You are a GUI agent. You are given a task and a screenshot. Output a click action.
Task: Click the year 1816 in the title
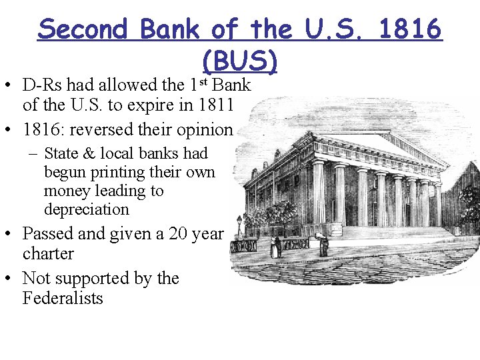point(411,29)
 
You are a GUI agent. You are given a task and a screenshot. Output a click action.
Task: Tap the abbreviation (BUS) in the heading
point(239,61)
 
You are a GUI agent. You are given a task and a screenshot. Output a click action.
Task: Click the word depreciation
point(86,209)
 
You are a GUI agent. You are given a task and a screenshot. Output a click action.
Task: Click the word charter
point(48,254)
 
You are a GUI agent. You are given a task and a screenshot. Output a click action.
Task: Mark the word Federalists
point(63,298)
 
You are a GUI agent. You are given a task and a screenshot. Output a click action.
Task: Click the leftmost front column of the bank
point(319,193)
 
